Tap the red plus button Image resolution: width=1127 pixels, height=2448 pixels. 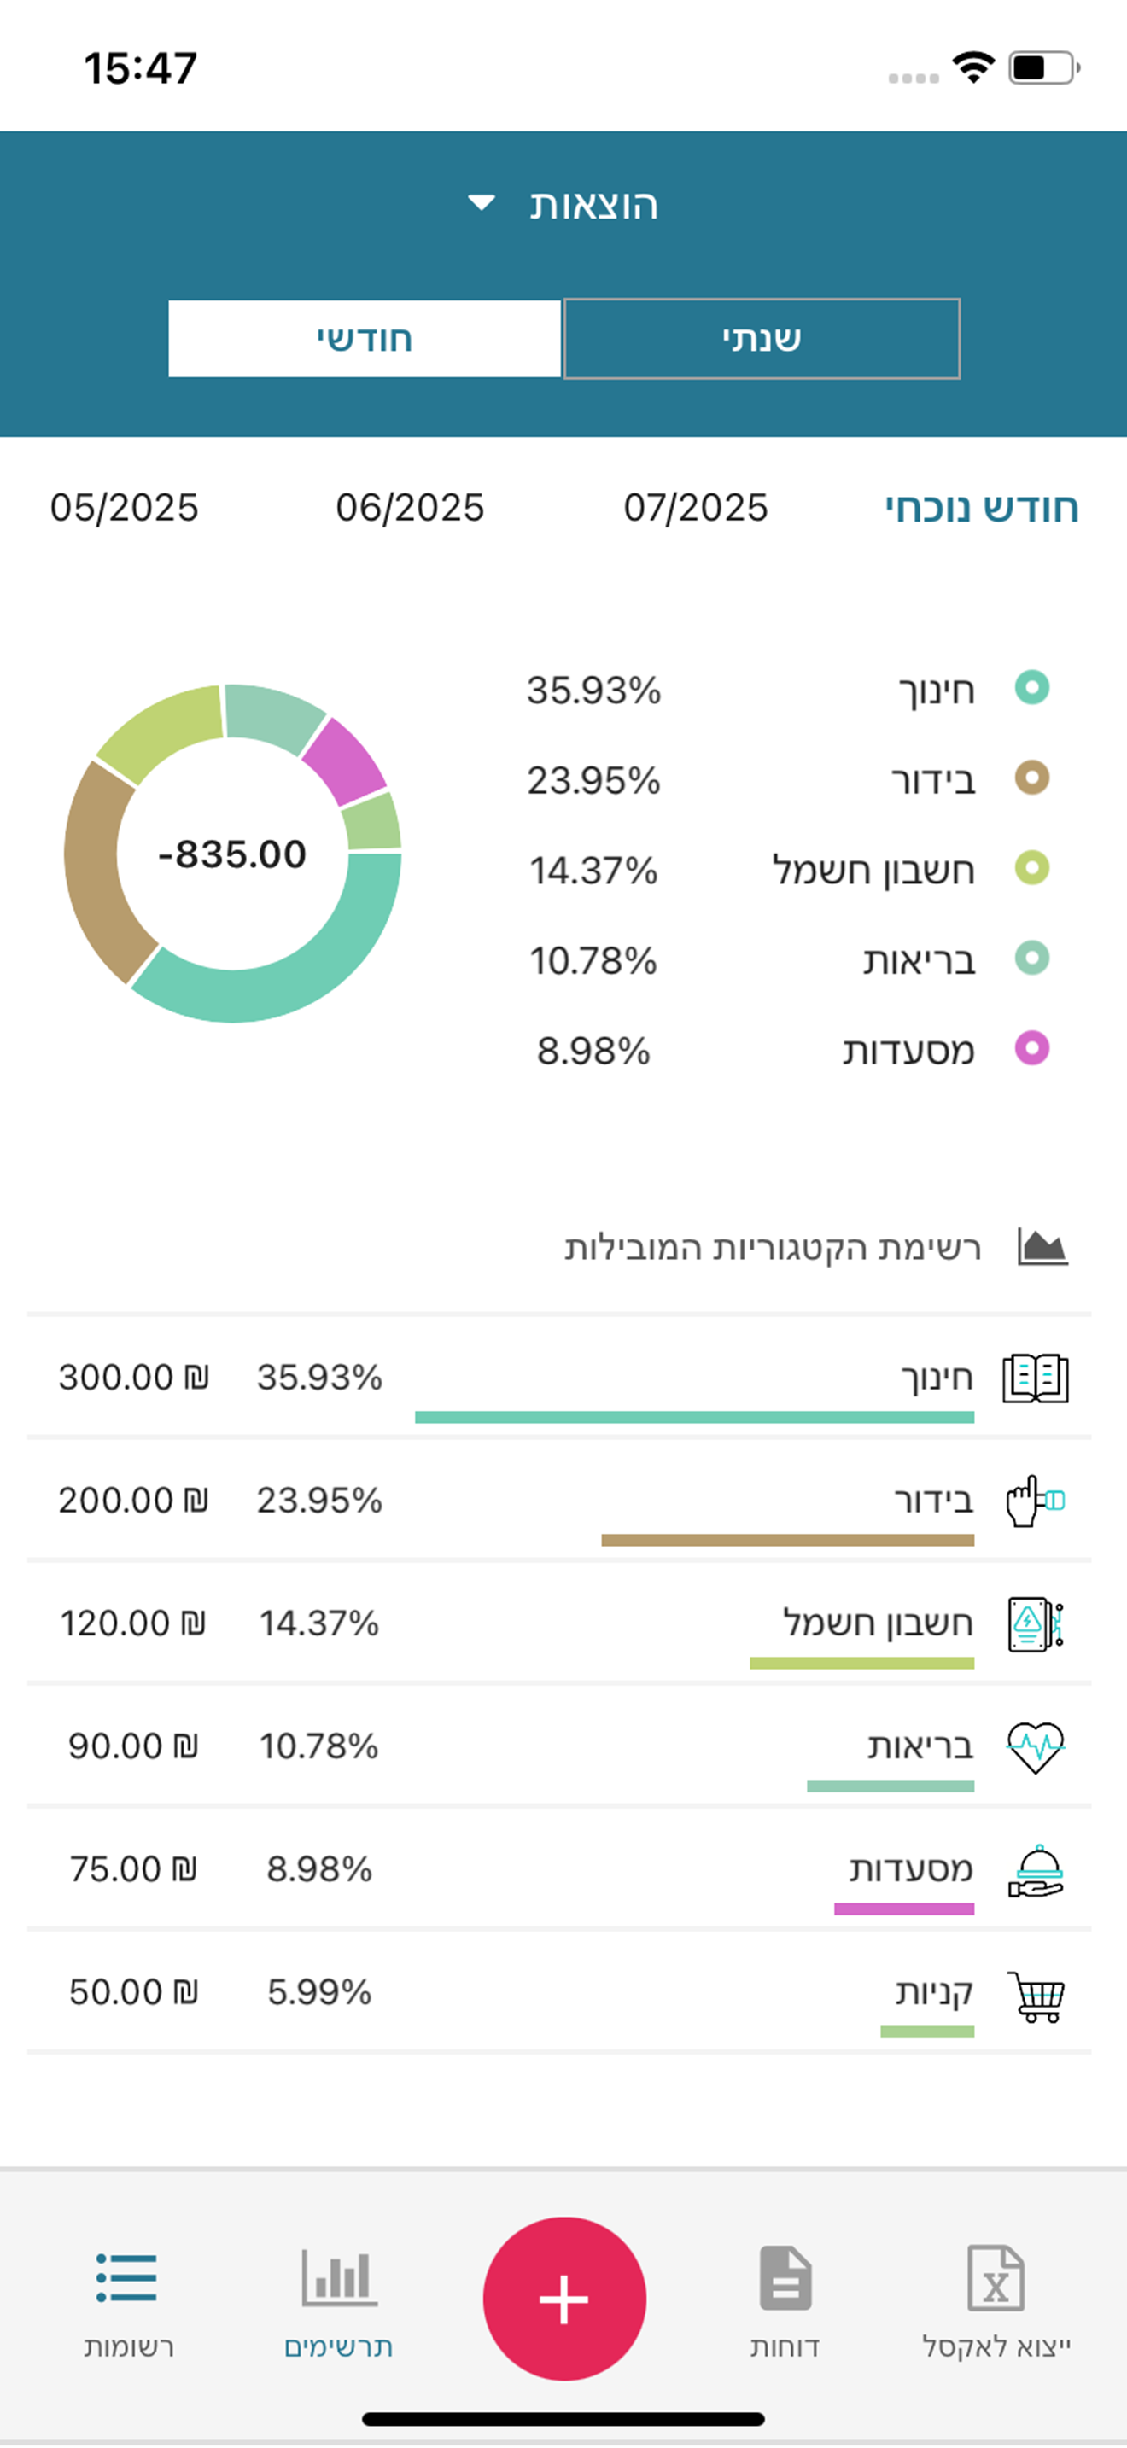point(564,2298)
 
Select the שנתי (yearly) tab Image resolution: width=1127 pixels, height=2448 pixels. point(762,338)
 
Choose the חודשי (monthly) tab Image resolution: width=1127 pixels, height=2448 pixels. point(364,338)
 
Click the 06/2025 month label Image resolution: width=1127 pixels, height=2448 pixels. point(410,508)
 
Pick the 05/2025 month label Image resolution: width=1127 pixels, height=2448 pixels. point(125,508)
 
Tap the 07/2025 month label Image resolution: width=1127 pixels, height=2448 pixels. point(696,508)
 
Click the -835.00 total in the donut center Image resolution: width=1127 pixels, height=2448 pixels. point(232,854)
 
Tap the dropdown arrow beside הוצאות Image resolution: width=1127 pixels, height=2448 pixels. point(482,202)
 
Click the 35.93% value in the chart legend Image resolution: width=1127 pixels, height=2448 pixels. point(594,690)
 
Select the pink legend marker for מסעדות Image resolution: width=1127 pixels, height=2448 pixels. point(1032,1048)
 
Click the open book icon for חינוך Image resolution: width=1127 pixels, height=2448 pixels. point(1036,1378)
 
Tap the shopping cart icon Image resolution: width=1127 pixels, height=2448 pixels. point(1036,1994)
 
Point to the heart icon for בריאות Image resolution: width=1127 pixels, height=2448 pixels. point(1036,1746)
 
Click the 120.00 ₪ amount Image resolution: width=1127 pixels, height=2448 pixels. point(133,1623)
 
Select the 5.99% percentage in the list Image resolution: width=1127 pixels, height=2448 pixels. point(319,1992)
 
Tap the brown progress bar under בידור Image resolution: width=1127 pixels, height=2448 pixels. point(788,1540)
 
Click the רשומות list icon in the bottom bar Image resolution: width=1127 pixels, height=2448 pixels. point(126,2277)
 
